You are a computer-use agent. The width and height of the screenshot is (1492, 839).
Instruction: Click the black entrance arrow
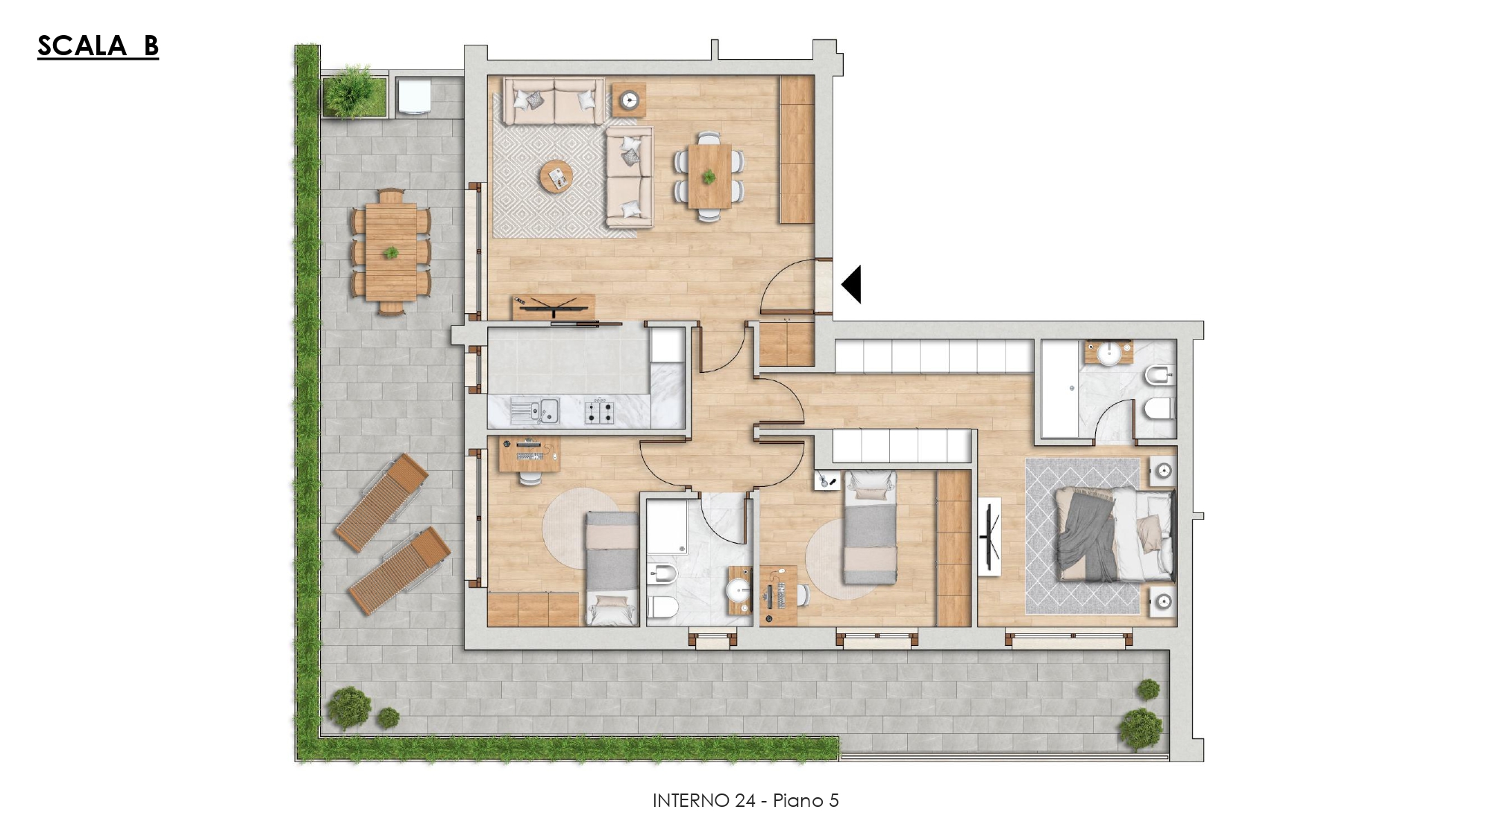pyautogui.click(x=853, y=284)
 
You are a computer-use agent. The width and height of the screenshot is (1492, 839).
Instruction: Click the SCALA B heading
pyautogui.click(x=98, y=45)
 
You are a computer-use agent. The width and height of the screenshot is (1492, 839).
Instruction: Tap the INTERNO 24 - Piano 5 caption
pyautogui.click(x=745, y=800)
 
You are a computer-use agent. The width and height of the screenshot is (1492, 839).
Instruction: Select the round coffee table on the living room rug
pyautogui.click(x=556, y=177)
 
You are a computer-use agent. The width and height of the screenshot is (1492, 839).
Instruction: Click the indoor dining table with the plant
pyautogui.click(x=709, y=177)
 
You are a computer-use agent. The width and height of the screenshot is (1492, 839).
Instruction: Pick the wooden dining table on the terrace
pyautogui.click(x=391, y=252)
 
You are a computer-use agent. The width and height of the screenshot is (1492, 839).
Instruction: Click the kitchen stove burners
pyautogui.click(x=599, y=411)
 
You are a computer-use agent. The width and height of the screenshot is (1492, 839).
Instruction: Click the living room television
pyautogui.click(x=554, y=307)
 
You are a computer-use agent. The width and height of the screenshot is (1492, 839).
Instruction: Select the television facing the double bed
pyautogui.click(x=990, y=535)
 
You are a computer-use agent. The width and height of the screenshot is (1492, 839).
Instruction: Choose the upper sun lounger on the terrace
pyautogui.click(x=381, y=502)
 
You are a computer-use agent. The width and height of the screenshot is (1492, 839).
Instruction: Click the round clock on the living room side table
pyautogui.click(x=630, y=99)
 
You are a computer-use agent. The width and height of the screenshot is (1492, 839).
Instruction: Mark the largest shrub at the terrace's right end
pyautogui.click(x=1141, y=728)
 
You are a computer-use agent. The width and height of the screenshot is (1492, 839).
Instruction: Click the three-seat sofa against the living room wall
pyautogui.click(x=553, y=101)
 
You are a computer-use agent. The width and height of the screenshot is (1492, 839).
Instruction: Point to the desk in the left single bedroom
pyautogui.click(x=529, y=455)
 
